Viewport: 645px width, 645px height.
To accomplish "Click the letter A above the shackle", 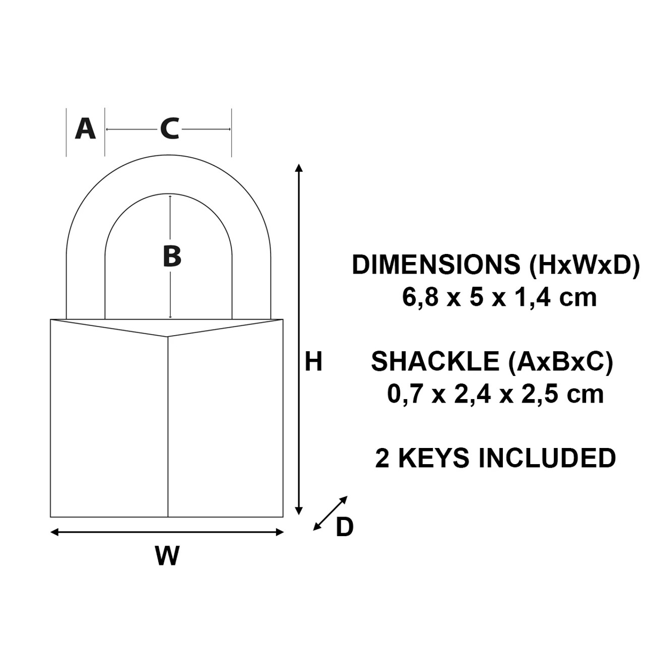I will coord(85,129).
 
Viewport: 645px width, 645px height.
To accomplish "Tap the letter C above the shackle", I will coord(170,129).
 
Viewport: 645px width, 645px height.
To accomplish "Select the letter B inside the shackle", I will coord(172,256).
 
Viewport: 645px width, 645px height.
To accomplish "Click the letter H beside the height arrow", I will coord(313,362).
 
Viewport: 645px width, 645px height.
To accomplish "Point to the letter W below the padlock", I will coord(167,556).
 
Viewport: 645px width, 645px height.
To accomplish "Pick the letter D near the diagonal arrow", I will coord(345,528).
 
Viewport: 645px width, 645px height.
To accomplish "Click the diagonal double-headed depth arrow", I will coord(331,513).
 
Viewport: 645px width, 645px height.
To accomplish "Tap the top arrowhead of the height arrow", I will coord(299,168).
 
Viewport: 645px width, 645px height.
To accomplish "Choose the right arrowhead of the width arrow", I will coord(280,532).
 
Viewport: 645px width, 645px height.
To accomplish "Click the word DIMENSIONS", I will coord(436,265).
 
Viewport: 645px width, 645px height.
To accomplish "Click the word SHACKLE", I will coord(434,362).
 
